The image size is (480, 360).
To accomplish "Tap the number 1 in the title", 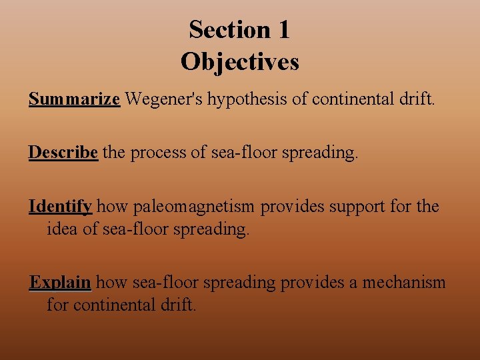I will tap(283, 29).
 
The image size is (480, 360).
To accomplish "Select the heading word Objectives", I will tap(240, 61).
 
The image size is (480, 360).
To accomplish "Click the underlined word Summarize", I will tap(74, 99).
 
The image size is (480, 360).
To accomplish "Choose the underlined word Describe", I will tap(63, 153).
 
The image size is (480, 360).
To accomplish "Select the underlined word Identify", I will tap(60, 207).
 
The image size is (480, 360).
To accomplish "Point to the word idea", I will tap(64, 229).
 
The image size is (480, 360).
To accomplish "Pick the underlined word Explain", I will tap(60, 283).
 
